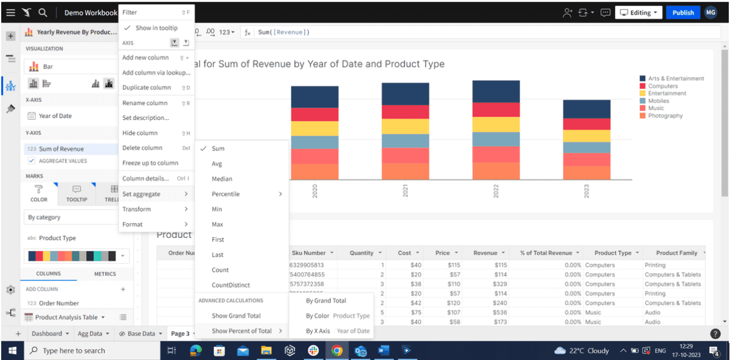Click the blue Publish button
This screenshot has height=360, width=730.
pos(683,12)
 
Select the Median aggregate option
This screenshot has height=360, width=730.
pos(221,179)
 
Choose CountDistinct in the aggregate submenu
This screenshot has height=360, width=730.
pos(231,285)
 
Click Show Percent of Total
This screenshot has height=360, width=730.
pos(242,331)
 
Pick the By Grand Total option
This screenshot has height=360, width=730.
pos(326,300)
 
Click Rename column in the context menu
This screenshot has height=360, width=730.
pos(145,103)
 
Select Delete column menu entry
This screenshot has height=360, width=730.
pos(142,148)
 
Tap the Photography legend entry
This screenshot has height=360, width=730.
pos(665,116)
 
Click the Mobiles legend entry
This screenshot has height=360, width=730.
pos(658,101)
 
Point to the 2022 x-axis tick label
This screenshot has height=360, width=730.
pos(496,192)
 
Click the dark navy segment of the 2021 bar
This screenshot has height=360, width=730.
pos(405,92)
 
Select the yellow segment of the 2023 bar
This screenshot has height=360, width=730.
pos(586,136)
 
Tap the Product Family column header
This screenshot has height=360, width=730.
pos(676,253)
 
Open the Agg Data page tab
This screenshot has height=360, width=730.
pos(90,333)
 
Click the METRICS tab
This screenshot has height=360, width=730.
pos(105,274)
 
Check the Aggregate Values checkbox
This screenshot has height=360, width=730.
pos(32,161)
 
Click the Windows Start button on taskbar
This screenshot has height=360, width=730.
pos(12,350)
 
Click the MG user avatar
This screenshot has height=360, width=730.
pos(711,12)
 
